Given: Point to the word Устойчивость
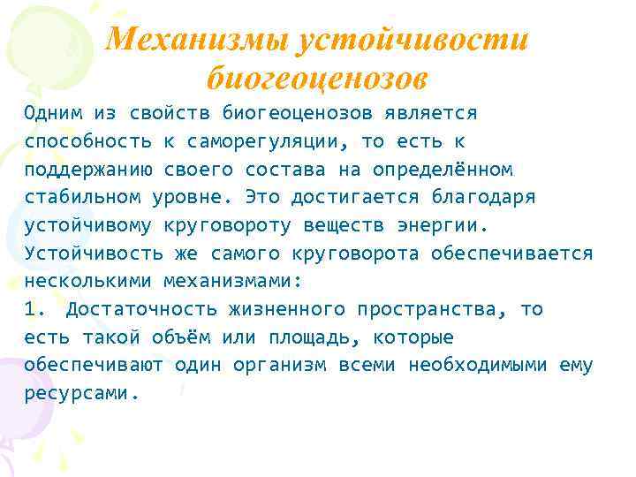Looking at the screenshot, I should pyautogui.click(x=85, y=254).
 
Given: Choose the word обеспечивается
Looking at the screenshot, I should pyautogui.click(x=512, y=254).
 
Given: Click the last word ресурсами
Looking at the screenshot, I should pyautogui.click(x=79, y=394).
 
